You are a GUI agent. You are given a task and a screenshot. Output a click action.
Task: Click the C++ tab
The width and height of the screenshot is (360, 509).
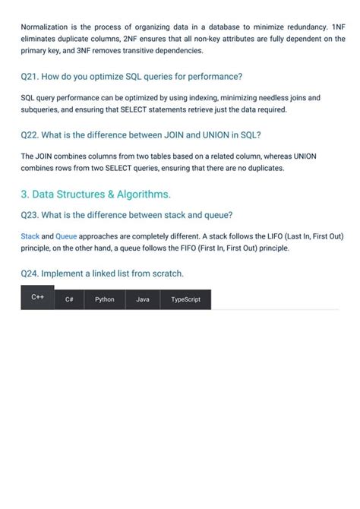tap(36, 297)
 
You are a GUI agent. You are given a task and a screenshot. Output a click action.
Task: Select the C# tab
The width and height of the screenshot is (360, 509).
tap(69, 300)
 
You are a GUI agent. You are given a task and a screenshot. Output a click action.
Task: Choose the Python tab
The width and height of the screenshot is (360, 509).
tap(105, 300)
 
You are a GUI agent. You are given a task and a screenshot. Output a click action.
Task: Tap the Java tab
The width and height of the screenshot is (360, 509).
tap(143, 300)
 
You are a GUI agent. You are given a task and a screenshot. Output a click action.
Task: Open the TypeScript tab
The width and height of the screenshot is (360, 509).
tap(186, 300)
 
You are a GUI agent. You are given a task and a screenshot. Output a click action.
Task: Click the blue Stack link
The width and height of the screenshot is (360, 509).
tap(30, 236)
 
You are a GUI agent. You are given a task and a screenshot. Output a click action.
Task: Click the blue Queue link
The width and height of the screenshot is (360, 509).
tap(66, 236)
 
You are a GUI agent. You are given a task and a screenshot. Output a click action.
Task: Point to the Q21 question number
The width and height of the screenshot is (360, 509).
tap(29, 77)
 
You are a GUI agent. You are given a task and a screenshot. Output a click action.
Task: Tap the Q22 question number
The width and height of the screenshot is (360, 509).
tap(29, 135)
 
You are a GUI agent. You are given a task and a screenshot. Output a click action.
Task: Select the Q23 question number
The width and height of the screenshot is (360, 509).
tap(30, 214)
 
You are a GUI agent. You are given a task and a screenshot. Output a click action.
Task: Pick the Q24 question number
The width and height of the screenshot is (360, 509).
tap(30, 273)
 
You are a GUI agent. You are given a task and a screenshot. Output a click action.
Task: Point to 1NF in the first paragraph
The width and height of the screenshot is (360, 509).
tap(338, 26)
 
